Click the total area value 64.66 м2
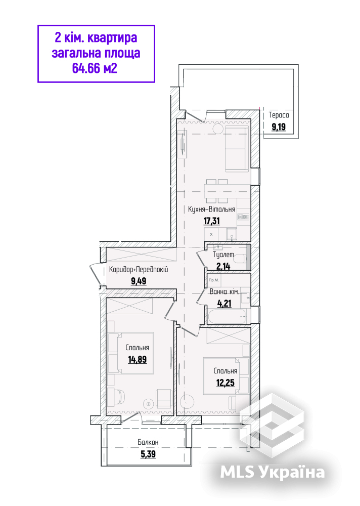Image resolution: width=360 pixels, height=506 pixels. tap(95, 68)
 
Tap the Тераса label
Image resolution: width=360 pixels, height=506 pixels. tap(279, 115)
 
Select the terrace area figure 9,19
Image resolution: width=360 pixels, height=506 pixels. tap(279, 127)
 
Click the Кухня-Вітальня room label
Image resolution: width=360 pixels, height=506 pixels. tap(212, 209)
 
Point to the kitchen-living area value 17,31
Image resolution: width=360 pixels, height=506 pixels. tap(212, 221)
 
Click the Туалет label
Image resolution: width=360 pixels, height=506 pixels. tap(223, 255)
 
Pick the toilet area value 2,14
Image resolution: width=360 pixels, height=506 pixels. tap(223, 266)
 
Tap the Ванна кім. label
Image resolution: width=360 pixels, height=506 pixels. tap(224, 292)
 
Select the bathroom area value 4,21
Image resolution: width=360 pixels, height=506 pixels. tap(224, 303)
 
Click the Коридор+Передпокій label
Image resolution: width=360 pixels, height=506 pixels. tap(139, 270)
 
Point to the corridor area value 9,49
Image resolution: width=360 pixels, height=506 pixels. tap(139, 281)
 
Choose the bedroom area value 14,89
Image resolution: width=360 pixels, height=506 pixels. tap(138, 359)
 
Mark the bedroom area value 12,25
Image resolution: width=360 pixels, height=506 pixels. tap(225, 383)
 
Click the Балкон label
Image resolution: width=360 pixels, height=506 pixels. tap(148, 442)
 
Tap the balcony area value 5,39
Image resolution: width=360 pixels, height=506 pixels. tap(148, 454)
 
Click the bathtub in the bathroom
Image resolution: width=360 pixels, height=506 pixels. tap(227, 317)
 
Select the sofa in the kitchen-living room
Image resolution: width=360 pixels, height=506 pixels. tap(237, 148)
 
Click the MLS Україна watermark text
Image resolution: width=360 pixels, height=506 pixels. tap(273, 472)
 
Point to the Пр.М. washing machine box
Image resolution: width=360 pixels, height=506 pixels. tap(214, 280)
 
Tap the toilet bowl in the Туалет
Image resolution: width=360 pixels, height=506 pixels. tap(240, 259)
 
